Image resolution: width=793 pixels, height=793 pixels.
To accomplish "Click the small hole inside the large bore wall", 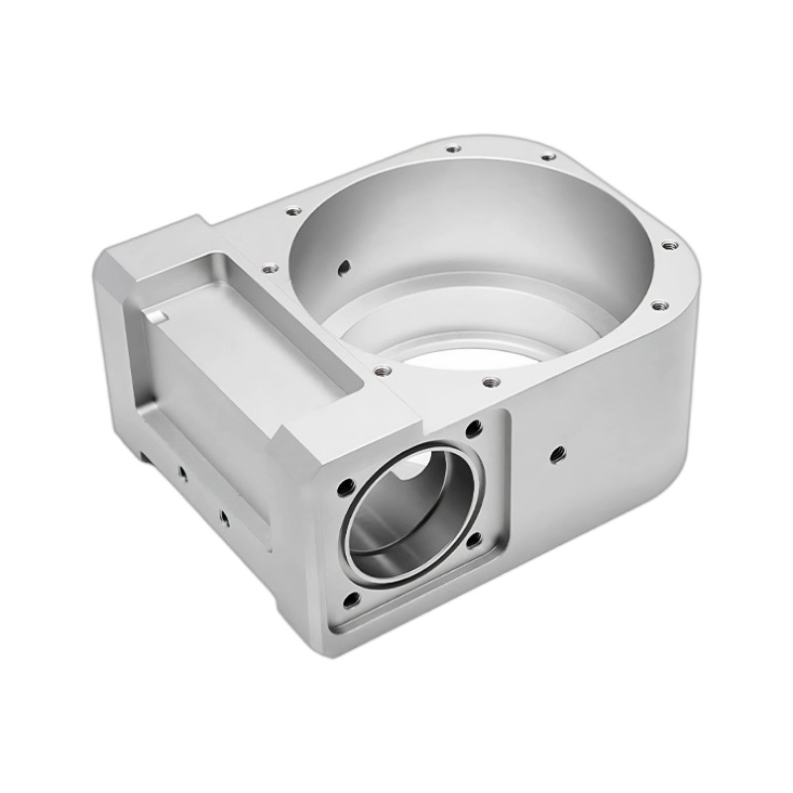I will pyautogui.click(x=344, y=266).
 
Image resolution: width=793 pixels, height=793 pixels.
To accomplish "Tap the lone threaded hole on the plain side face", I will pyautogui.click(x=556, y=455).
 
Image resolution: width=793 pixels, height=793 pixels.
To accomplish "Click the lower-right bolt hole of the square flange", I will pyautogui.click(x=474, y=540).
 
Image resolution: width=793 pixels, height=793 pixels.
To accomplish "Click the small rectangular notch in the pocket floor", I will pyautogui.click(x=157, y=318).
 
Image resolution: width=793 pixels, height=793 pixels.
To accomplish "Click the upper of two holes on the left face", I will pyautogui.click(x=182, y=473).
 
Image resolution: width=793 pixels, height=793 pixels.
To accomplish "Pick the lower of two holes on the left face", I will pyautogui.click(x=223, y=516).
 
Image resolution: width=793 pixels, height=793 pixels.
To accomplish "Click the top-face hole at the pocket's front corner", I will pyautogui.click(x=382, y=372).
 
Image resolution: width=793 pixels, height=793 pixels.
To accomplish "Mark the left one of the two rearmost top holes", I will pyautogui.click(x=452, y=150).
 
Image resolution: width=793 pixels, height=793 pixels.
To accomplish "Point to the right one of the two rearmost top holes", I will pyautogui.click(x=545, y=156).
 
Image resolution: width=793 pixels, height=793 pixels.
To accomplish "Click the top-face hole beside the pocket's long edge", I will pyautogui.click(x=268, y=266).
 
